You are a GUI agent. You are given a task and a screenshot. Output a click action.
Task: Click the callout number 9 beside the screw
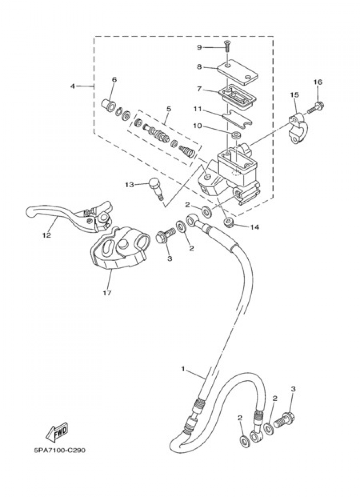[x=209, y=47]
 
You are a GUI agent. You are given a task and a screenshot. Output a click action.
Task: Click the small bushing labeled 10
[x=236, y=135]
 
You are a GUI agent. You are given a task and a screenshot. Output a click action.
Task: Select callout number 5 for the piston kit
[x=169, y=108]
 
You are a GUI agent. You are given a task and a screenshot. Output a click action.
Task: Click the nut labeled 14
[x=228, y=223]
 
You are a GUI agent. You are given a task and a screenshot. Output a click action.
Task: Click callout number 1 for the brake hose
[x=183, y=369]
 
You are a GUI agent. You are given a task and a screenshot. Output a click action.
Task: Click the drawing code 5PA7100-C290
[x=60, y=450]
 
